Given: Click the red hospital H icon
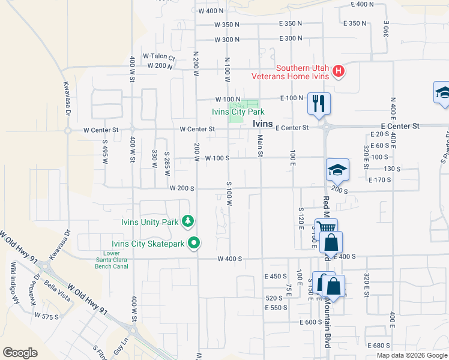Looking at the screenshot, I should (x=339, y=71).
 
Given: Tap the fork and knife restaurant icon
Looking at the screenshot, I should (x=319, y=103).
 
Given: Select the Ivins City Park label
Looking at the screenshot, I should (x=238, y=112).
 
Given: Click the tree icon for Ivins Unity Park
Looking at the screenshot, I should (x=188, y=222).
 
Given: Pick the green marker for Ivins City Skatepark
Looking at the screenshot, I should (x=193, y=244).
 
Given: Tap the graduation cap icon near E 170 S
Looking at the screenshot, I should (x=337, y=170).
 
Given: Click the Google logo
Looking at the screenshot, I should (x=20, y=352).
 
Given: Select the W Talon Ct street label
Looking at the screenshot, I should (x=158, y=57).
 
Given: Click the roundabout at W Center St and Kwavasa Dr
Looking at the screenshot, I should (x=68, y=130).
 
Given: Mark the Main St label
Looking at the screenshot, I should (x=261, y=146).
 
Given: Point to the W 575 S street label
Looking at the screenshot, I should (x=47, y=315).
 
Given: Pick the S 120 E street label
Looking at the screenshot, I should (x=300, y=218).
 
